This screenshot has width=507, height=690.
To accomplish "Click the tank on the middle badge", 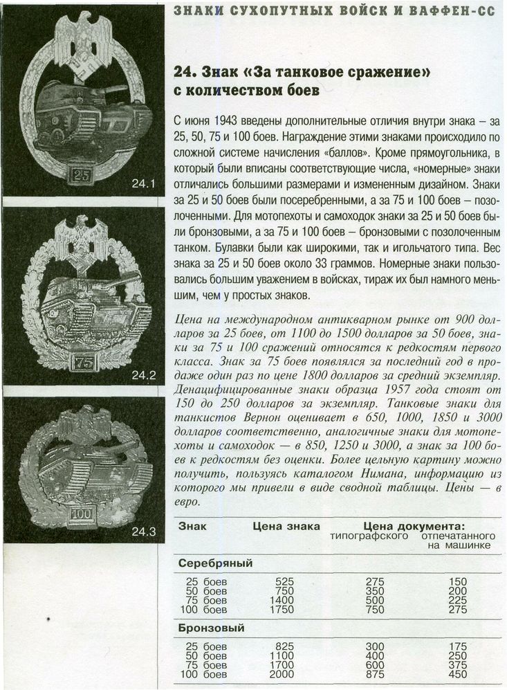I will (93, 305).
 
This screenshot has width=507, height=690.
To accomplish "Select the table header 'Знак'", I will (192, 526).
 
